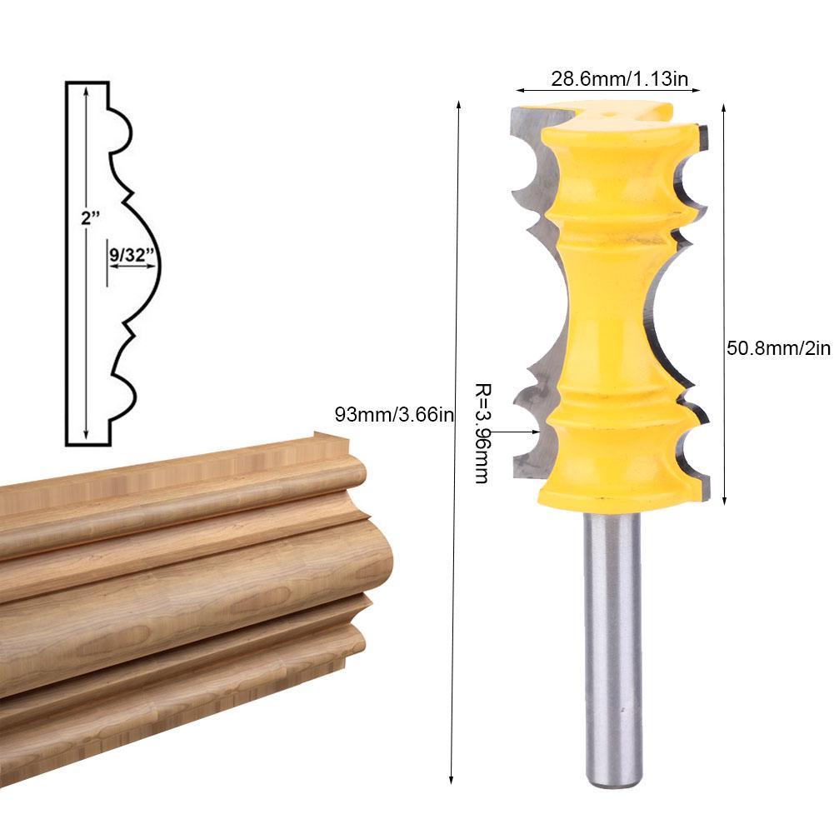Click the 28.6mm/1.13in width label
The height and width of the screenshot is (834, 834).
(619, 78)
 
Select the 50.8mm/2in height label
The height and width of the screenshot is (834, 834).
(778, 347)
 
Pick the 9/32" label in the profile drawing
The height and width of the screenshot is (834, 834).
(132, 255)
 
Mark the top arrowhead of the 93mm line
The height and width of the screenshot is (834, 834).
(457, 105)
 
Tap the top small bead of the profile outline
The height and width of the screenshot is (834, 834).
(123, 131)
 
